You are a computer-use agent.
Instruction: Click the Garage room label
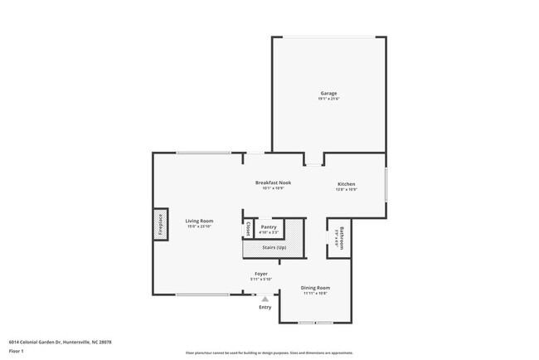(x=328, y=93)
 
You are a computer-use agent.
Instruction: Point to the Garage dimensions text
(x=328, y=99)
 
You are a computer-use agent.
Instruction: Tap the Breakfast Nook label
(x=273, y=182)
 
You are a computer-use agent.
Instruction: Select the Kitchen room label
(x=346, y=183)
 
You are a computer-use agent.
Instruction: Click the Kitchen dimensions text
(x=346, y=189)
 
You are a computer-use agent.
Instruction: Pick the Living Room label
(x=200, y=221)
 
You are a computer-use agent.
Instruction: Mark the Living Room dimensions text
(x=200, y=226)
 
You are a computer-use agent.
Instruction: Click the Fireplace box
(x=160, y=225)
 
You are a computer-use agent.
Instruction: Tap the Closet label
(x=248, y=228)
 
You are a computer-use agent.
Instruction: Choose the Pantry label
(x=268, y=226)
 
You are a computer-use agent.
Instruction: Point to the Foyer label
(x=260, y=273)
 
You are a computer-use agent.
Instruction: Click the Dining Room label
(x=315, y=288)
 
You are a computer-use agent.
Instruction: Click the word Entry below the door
(x=265, y=308)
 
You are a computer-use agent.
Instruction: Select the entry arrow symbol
(x=265, y=299)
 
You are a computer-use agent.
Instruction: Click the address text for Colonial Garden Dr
(x=61, y=341)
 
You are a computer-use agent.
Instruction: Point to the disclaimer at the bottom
(x=269, y=353)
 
